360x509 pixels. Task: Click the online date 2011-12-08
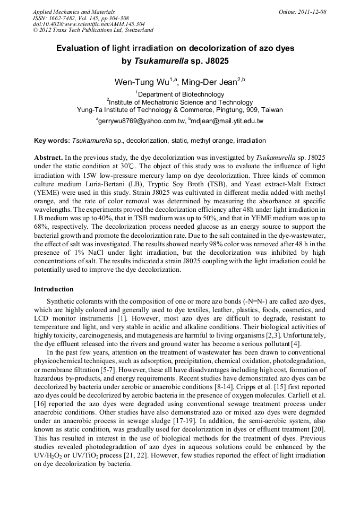click(x=312, y=12)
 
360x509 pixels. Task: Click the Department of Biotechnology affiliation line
click(x=181, y=94)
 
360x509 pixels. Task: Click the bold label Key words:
click(x=52, y=141)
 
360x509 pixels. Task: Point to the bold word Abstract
click(x=48, y=158)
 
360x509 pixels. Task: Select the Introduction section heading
click(x=54, y=289)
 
